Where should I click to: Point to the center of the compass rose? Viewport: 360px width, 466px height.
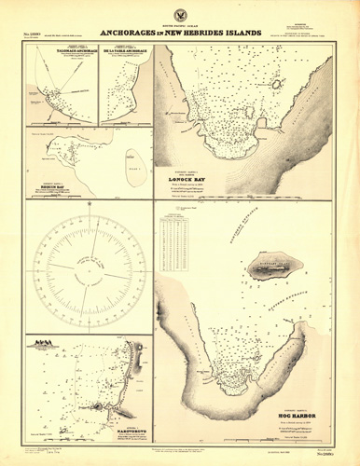[88, 264]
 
